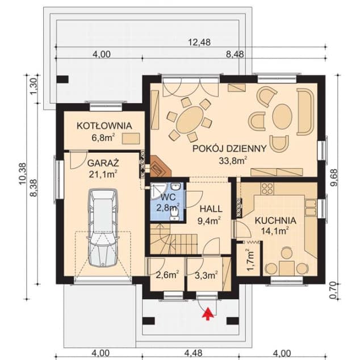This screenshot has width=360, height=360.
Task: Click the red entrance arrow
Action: [x=208, y=313]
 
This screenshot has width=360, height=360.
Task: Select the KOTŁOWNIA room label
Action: [x=104, y=126]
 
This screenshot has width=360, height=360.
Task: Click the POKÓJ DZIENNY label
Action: [x=229, y=149]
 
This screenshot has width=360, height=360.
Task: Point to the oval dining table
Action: [x=190, y=120]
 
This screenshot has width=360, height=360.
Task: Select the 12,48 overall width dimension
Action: [x=199, y=42]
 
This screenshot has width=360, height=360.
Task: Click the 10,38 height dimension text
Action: [x=23, y=174]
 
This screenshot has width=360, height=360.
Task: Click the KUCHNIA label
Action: [x=275, y=221]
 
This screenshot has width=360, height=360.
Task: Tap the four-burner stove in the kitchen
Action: [x=267, y=189]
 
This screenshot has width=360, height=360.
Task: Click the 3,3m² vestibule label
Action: [x=206, y=275]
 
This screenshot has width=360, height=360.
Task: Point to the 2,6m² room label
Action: [x=168, y=275]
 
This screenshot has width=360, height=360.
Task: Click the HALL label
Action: [x=211, y=209]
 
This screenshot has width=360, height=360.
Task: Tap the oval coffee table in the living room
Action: [x=282, y=116]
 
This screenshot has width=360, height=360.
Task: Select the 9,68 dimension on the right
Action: [x=334, y=178]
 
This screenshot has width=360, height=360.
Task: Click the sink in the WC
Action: [x=176, y=186]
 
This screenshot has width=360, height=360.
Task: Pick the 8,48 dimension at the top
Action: [x=235, y=55]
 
